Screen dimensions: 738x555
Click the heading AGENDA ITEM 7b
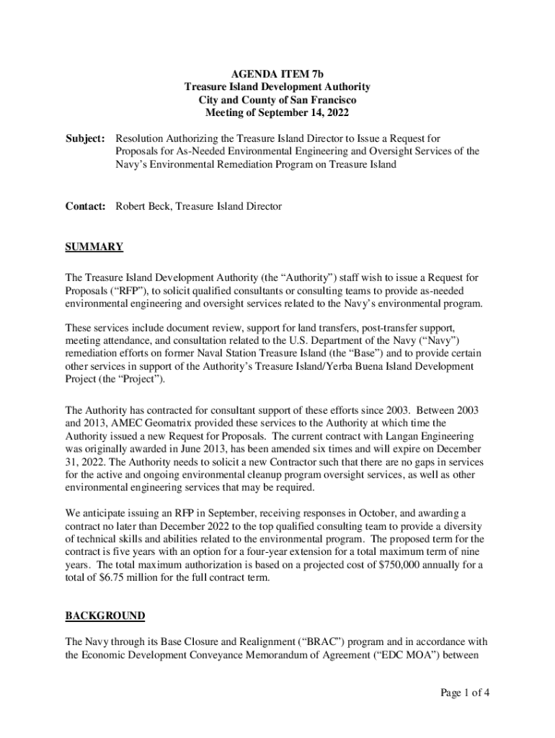pos(277,74)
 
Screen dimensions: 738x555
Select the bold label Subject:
pos(86,138)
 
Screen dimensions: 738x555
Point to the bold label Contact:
pos(86,206)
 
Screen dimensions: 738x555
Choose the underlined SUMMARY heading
pos(94,246)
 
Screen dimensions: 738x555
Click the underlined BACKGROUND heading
pos(105,615)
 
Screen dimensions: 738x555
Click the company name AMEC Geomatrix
pos(149,422)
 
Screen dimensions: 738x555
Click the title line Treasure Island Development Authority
pos(277,86)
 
